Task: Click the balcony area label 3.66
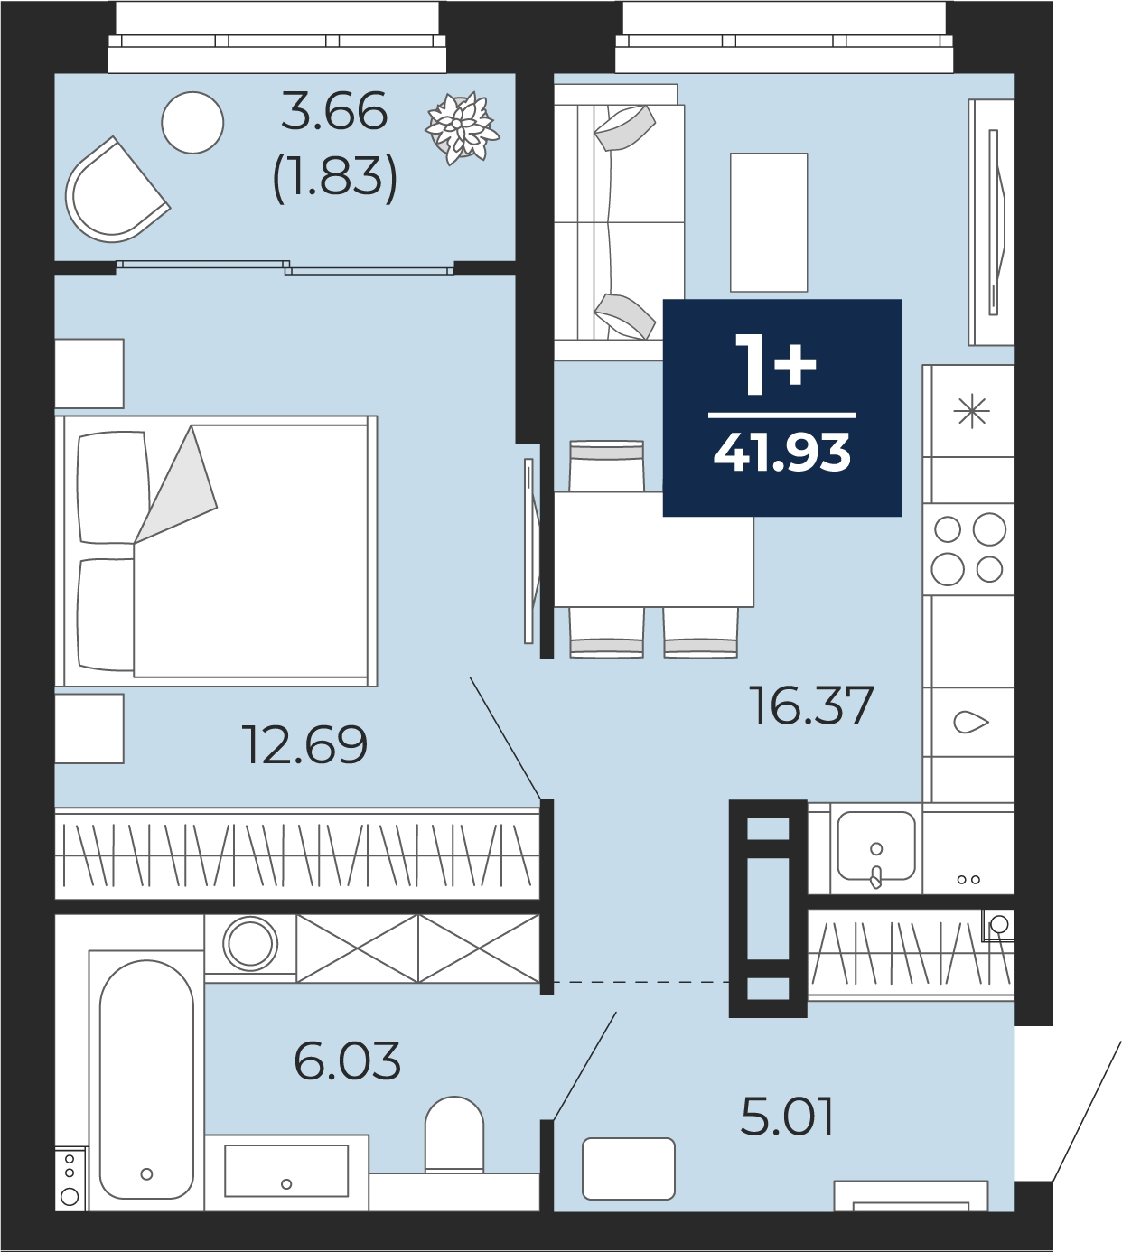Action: click(334, 111)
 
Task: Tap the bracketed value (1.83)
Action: click(334, 176)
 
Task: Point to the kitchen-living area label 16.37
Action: click(811, 705)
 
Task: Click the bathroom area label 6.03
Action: click(348, 1060)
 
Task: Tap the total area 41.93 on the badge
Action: click(782, 453)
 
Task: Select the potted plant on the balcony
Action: click(462, 127)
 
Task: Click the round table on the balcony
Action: click(193, 122)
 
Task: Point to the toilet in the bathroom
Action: click(454, 1135)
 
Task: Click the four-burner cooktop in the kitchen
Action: click(968, 549)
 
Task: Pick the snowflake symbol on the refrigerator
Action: click(971, 411)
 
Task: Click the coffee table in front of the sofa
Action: click(769, 222)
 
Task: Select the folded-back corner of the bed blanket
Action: click(176, 484)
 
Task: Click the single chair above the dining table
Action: click(606, 466)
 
